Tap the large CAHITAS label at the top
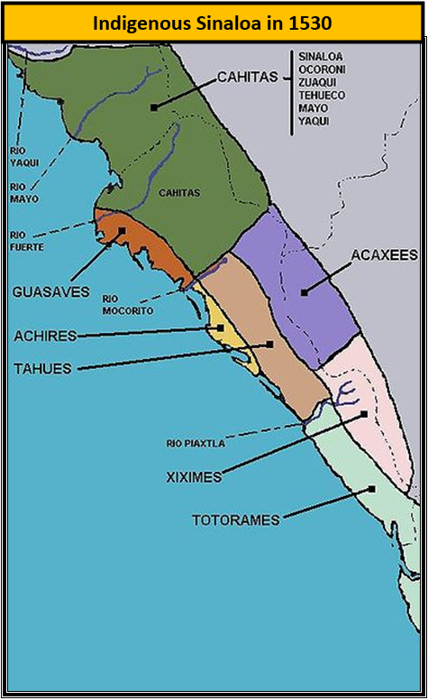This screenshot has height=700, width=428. tap(248, 78)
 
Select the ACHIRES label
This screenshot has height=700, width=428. tap(43, 336)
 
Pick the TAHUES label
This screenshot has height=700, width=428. tap(41, 368)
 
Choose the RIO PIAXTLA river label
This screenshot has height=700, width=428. tap(197, 443)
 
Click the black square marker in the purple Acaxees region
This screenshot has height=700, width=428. tap(304, 290)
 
